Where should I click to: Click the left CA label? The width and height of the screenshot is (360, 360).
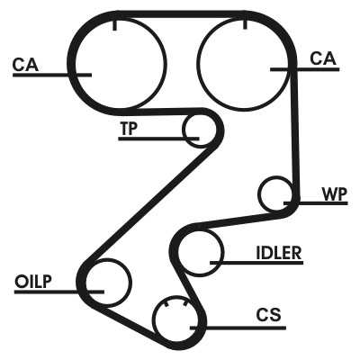coord(25,65)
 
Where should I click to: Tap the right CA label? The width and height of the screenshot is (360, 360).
coord(323,58)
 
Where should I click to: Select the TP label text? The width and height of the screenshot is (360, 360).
coord(128,128)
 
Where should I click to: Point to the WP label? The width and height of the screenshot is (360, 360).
coord(335,194)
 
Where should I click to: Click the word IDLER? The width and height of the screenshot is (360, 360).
coord(279,253)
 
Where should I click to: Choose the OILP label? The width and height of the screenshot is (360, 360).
coord(33,282)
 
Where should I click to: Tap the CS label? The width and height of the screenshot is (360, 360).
coord(269,315)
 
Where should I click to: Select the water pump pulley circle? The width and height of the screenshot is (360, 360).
coord(258,194)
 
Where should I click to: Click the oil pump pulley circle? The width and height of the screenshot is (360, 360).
coord(131,283)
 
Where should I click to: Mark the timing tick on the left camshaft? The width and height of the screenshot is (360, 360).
coord(114,25)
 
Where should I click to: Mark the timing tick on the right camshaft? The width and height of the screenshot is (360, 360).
coord(245,24)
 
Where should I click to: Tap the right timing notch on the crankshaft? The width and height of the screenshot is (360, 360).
coord(185,304)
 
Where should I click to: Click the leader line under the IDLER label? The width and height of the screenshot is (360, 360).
coord(256,263)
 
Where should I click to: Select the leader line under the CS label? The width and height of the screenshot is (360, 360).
coord(238,328)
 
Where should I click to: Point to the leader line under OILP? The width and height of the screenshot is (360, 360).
coord(59,292)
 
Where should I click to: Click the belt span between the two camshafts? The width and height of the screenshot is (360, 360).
coord(180,14)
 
